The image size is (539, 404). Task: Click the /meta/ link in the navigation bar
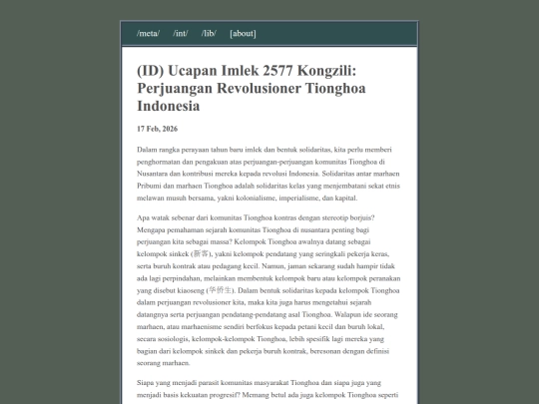point(148,34)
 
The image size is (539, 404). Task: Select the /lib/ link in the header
point(209,34)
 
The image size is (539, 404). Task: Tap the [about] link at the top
point(243,34)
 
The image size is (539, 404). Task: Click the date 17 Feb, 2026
point(157,129)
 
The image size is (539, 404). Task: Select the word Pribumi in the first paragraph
point(153,186)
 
